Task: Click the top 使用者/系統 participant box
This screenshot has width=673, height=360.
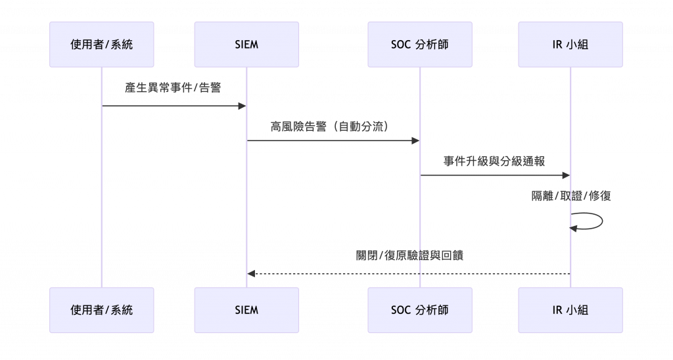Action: pos(102,45)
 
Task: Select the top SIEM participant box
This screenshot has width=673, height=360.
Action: pos(246,45)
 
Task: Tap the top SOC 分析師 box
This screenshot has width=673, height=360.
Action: pos(420,45)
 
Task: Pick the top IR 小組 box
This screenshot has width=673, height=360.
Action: pos(570,45)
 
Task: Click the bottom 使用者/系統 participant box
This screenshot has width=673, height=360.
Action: pos(102,309)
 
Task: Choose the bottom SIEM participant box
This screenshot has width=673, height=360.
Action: pos(246,309)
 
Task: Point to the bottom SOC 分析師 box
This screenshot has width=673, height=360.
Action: pos(420,309)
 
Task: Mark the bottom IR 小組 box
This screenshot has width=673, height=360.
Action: pos(570,309)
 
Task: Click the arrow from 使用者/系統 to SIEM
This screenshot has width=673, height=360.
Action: pos(174,106)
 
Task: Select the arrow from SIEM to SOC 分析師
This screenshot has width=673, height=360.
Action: pos(333,140)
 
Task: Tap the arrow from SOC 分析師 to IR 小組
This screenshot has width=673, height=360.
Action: pos(495,175)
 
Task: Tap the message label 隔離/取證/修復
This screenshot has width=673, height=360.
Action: pos(571,196)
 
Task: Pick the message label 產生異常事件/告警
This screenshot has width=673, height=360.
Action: pos(174,87)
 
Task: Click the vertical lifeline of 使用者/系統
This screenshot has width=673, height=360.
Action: pos(103,197)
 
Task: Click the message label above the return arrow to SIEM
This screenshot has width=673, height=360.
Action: pos(409,256)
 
